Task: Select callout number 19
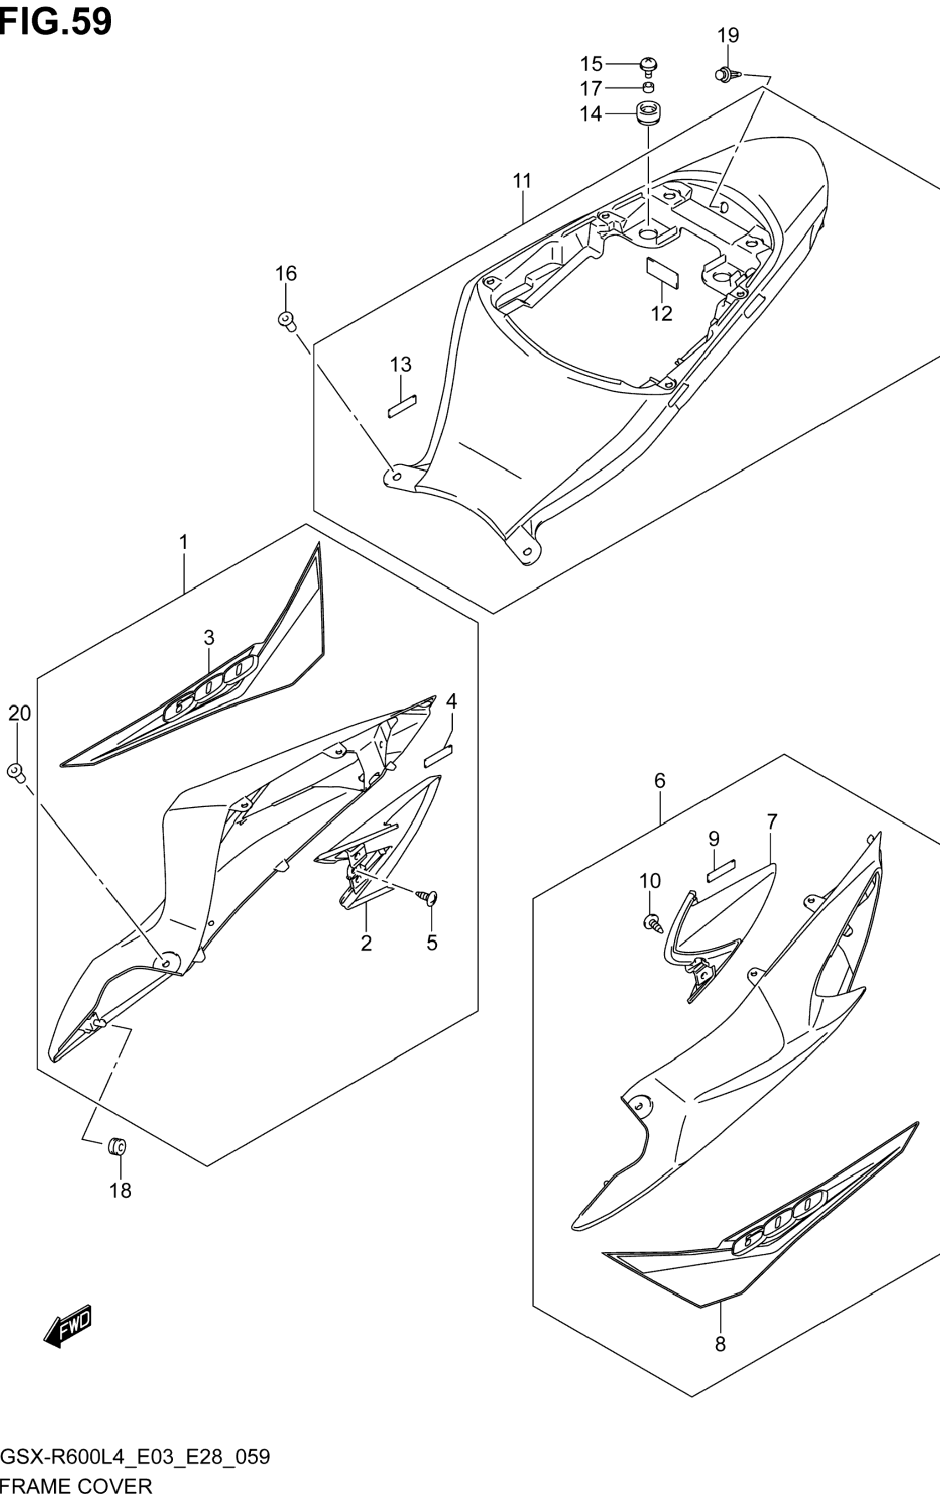728,36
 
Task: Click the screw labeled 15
648,65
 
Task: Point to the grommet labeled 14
647,114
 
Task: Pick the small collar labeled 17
648,87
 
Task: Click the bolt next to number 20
15,773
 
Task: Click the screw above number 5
428,896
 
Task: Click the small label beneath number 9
721,870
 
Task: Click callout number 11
522,181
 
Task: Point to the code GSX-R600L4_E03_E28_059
135,1457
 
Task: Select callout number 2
366,944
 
